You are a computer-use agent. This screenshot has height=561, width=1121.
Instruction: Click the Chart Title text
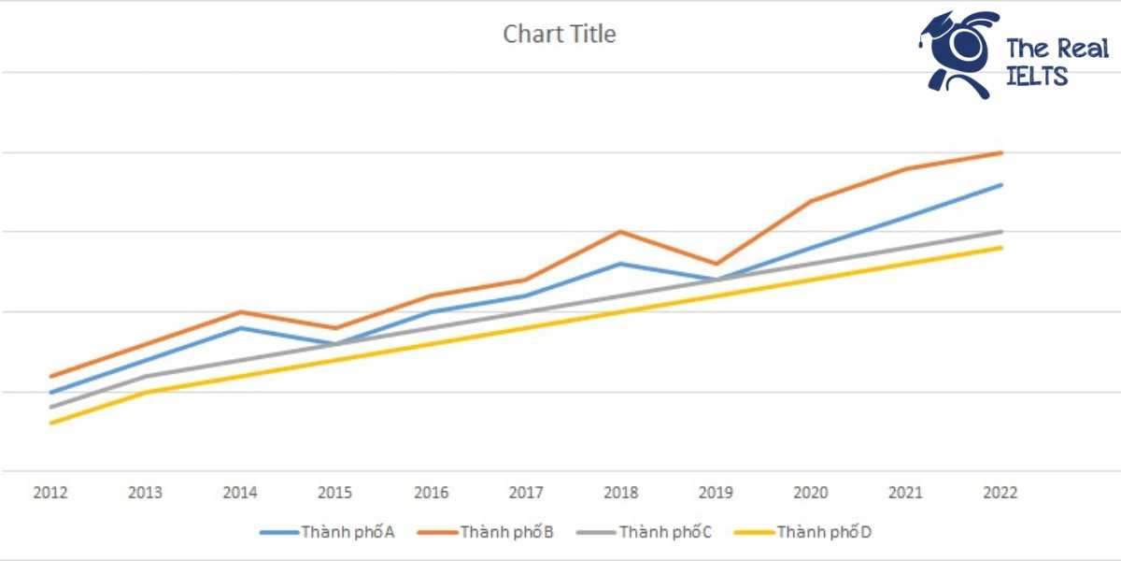tap(560, 35)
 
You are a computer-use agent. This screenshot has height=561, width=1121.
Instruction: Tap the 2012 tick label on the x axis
tap(50, 493)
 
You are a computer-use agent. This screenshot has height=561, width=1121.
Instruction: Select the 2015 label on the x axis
tap(335, 493)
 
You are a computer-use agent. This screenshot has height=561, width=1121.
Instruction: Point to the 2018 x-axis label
tap(621, 493)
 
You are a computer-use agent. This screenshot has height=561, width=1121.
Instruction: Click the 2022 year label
tap(1001, 493)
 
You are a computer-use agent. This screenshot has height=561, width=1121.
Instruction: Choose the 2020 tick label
tap(811, 493)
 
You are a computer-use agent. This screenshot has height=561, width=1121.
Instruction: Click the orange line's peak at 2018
tap(621, 232)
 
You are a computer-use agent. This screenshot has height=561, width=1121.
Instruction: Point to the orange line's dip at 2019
tap(717, 264)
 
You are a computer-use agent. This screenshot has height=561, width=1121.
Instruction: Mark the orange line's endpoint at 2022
tap(1001, 152)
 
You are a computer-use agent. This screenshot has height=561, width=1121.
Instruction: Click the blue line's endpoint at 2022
tap(1001, 185)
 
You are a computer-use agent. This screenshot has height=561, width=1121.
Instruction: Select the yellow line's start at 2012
tap(50, 424)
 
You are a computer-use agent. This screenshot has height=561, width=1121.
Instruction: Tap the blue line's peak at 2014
tap(241, 328)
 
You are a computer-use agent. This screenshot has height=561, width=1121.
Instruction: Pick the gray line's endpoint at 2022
tap(1001, 232)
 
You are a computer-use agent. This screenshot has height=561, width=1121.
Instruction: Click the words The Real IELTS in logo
tap(1057, 63)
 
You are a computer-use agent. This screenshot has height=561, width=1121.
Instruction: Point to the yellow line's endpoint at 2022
tap(1001, 248)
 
